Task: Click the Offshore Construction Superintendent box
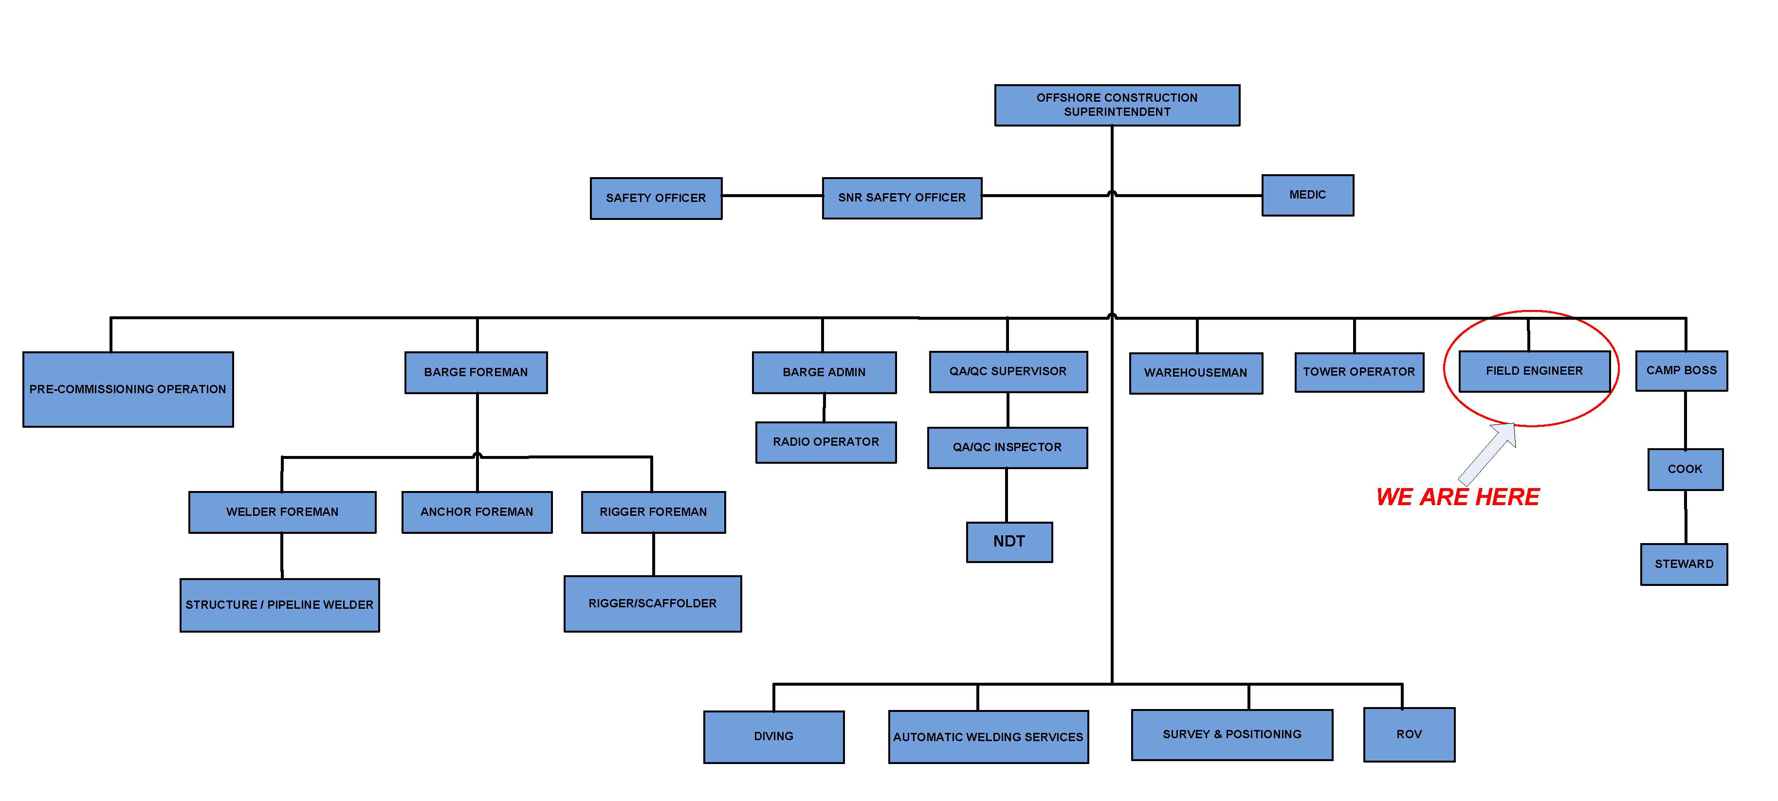pyautogui.click(x=1116, y=105)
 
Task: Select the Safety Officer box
pyautogui.click(x=656, y=198)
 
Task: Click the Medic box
pyautogui.click(x=1307, y=195)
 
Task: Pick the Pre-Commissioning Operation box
pyautogui.click(x=128, y=389)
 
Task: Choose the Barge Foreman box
pyautogui.click(x=476, y=373)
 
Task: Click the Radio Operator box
pyautogui.click(x=825, y=442)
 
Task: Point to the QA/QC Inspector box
pyautogui.click(x=1007, y=447)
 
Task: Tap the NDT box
pyautogui.click(x=1009, y=542)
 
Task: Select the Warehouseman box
pyautogui.click(x=1195, y=373)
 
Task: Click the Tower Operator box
pyautogui.click(x=1358, y=372)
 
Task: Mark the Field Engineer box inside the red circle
pyautogui.click(x=1534, y=371)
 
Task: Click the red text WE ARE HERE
pyautogui.click(x=1457, y=497)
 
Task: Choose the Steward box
pyautogui.click(x=1684, y=564)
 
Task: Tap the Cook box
pyautogui.click(x=1685, y=469)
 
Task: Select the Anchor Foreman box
pyautogui.click(x=476, y=512)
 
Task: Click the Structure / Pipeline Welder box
pyautogui.click(x=279, y=605)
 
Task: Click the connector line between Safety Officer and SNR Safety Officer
pyautogui.click(x=771, y=196)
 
